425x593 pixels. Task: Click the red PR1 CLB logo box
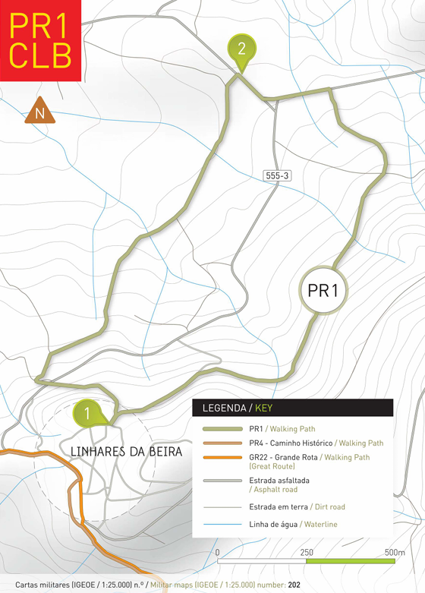click(x=40, y=39)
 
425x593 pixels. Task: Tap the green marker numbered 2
click(x=241, y=50)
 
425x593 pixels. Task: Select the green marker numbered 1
click(x=88, y=415)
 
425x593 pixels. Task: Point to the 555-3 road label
click(x=277, y=175)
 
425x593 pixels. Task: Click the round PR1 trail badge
click(x=323, y=290)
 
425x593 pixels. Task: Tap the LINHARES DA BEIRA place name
click(x=126, y=452)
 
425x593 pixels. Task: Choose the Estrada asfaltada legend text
click(x=279, y=481)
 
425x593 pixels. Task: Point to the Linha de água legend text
click(x=276, y=524)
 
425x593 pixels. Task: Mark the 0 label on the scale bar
click(x=217, y=552)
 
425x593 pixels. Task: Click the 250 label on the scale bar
click(x=307, y=552)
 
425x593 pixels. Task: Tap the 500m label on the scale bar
click(x=395, y=552)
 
